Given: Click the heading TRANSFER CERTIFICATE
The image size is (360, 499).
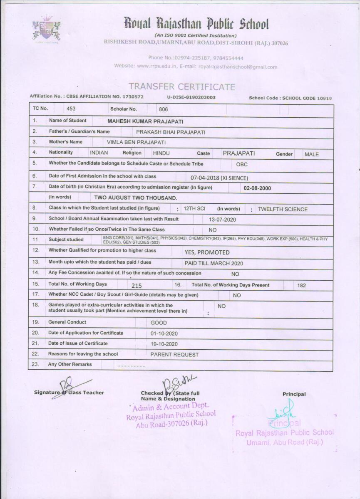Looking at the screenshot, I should pos(182,87).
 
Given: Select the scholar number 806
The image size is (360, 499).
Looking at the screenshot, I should pos(164,109).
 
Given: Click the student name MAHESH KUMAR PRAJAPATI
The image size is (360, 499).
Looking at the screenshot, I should pos(145,121).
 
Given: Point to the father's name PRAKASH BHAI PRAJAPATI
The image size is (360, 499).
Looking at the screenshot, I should pos(171,132).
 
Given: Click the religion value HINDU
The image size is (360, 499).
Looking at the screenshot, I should pos(161,153).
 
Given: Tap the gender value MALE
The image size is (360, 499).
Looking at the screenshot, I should pos(312,154).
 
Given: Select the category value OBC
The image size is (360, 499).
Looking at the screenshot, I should pos(242,164).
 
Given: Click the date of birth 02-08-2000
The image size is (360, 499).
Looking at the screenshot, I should pos(257,188).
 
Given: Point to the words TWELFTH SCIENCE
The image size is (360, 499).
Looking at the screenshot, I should pos(283,209).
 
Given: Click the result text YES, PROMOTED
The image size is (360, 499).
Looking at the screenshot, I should pos(207,252).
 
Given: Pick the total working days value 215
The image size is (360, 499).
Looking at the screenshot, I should pos(137,286).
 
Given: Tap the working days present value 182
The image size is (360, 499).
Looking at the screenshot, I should pos(302,286).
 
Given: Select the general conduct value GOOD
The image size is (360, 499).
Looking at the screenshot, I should pos(159,323).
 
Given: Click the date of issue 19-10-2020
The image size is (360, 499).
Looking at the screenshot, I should pos(164,344).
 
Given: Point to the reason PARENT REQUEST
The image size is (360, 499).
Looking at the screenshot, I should pos(174,355).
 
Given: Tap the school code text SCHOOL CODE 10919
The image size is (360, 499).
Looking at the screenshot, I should pos(307,98).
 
